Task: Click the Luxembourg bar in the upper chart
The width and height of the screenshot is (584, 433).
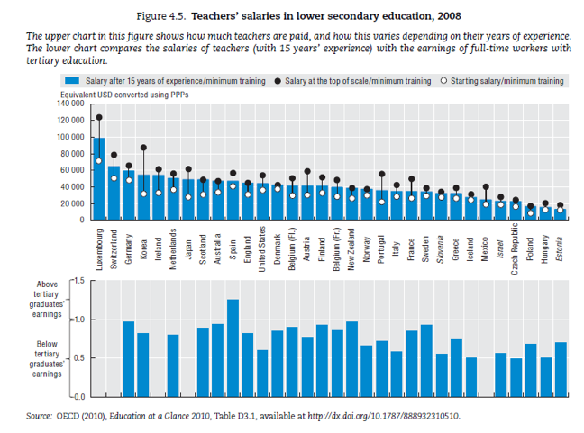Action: [99, 178]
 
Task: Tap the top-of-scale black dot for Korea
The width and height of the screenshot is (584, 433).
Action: [144, 148]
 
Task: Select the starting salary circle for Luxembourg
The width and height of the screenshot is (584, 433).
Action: [99, 161]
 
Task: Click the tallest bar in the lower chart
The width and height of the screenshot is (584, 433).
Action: [233, 347]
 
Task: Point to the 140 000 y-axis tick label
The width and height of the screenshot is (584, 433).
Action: [71, 104]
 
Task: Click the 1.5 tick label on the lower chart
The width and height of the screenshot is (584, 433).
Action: [78, 281]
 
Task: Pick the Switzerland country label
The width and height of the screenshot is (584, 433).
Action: [114, 249]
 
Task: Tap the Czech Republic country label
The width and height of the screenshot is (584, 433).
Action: [515, 248]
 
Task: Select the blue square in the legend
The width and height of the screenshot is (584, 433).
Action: [72, 80]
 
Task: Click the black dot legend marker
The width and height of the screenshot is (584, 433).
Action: [278, 81]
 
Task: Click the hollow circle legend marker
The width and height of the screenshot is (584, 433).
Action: [443, 81]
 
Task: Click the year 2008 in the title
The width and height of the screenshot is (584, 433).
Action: [449, 16]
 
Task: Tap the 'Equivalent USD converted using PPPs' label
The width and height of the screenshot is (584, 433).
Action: [124, 95]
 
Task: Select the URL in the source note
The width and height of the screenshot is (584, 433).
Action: [384, 416]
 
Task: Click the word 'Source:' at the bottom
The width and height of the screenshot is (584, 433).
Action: [39, 416]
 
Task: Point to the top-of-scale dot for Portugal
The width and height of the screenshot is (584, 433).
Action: [382, 174]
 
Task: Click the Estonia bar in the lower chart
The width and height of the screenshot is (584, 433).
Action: [561, 369]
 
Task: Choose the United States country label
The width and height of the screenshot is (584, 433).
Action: [262, 249]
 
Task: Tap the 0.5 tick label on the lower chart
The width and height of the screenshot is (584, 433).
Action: [78, 358]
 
